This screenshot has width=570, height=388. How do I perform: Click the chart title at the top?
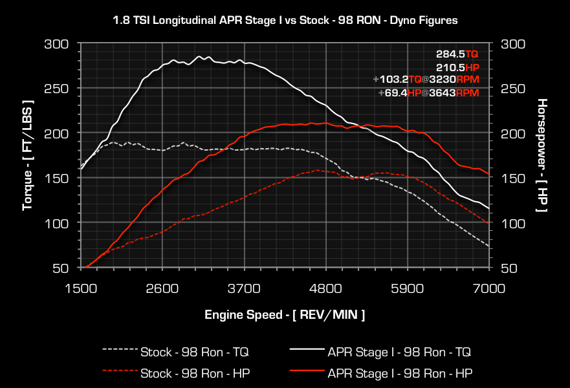(285, 20)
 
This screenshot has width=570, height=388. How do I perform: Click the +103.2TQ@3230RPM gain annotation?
(426, 80)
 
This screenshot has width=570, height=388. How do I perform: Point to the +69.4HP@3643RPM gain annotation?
(429, 93)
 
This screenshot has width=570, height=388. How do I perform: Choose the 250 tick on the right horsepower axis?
(512, 89)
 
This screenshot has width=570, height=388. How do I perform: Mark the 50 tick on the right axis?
(509, 268)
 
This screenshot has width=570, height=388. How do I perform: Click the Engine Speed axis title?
(285, 315)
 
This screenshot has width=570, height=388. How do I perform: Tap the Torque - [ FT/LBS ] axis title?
(27, 155)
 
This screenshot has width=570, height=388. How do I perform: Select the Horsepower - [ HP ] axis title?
(542, 155)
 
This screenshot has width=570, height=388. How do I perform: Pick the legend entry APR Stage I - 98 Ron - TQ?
(399, 352)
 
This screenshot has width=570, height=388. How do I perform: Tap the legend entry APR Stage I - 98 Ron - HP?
(399, 373)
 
